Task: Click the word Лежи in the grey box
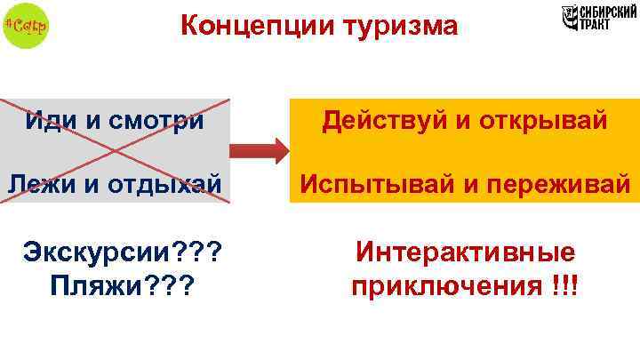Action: click(x=40, y=183)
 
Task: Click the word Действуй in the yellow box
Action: click(x=391, y=119)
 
